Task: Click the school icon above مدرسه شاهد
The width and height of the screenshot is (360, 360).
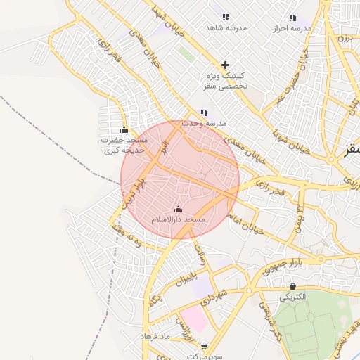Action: click(x=225, y=17)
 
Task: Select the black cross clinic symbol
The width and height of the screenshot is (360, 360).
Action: click(x=225, y=65)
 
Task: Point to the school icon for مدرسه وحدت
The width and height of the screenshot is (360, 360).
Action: click(x=204, y=112)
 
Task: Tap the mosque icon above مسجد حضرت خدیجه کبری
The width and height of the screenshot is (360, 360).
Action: click(x=124, y=129)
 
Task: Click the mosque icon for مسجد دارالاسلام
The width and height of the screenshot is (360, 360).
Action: click(x=178, y=209)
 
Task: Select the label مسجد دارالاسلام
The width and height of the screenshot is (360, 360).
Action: click(x=179, y=220)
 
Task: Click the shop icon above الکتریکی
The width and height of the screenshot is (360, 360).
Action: click(x=293, y=286)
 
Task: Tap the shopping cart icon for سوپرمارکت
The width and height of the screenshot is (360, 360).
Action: click(x=204, y=347)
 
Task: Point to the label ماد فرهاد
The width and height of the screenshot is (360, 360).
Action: click(x=155, y=337)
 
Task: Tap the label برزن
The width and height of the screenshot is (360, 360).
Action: click(x=345, y=39)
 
